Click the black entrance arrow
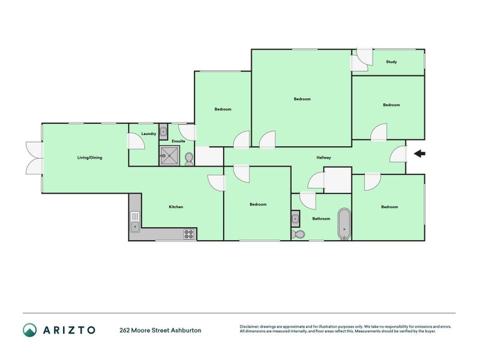419,154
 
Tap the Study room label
391,62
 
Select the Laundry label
148,134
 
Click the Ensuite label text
178,141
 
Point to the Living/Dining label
89,158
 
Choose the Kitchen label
176,207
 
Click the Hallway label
323,158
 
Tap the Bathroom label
321,218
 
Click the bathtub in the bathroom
344,224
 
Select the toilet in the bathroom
298,234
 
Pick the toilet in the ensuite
189,159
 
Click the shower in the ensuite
169,155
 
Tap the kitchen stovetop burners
188,234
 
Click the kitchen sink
134,221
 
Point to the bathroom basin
295,218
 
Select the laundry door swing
136,141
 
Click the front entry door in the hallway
398,154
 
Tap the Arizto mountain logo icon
29,331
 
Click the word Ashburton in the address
186,331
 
